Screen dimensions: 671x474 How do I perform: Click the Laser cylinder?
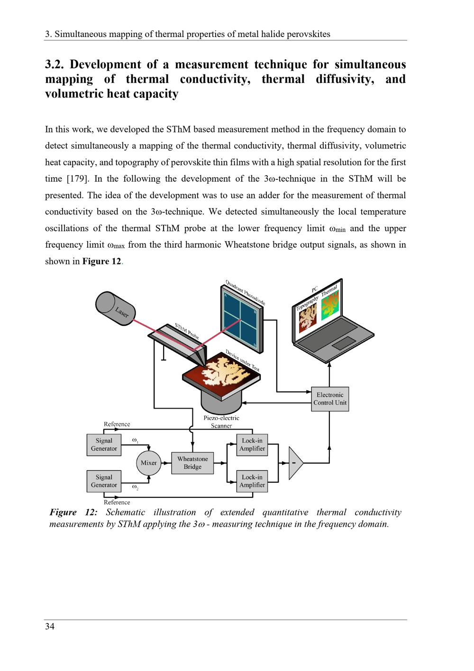(116, 308)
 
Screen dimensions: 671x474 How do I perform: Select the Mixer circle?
(149, 463)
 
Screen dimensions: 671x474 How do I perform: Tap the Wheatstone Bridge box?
(192, 463)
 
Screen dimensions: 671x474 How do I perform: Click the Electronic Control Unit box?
(330, 399)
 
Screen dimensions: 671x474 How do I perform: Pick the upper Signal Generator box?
(104, 445)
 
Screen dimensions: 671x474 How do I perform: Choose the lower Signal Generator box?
(104, 481)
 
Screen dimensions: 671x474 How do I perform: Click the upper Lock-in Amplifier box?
(252, 445)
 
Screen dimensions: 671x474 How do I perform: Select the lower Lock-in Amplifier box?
(252, 481)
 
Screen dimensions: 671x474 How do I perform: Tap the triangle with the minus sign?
(295, 463)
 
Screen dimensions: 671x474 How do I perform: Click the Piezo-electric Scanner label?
(221, 422)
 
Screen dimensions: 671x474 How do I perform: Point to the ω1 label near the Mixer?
(135, 441)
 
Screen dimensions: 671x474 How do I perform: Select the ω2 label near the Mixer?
(135, 487)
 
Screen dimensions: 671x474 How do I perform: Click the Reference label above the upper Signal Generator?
(117, 424)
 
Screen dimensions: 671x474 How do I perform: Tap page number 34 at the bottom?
(50, 627)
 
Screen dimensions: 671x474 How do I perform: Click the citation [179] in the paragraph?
(76, 179)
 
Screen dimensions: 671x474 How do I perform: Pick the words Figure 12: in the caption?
(73, 513)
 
